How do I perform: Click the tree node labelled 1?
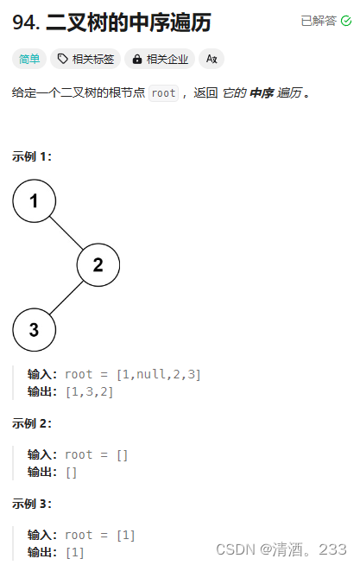tap(35, 201)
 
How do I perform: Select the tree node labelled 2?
tap(98, 265)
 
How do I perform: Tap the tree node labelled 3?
tap(35, 329)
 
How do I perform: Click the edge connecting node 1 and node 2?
tap(66, 233)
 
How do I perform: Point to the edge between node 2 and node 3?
tap(66, 297)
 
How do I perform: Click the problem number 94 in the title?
tap(25, 22)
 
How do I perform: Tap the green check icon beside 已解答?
tap(346, 21)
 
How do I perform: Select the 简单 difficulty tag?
tap(29, 59)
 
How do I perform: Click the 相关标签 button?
tap(85, 59)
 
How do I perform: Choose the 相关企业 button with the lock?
tap(161, 59)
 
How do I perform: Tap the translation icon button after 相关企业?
tap(212, 59)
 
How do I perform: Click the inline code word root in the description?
tap(163, 92)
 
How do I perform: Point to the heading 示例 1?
tap(32, 156)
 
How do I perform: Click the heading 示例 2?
tap(32, 423)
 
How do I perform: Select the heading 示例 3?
tap(32, 504)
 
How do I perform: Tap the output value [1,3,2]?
tap(89, 391)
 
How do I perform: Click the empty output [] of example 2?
tap(71, 472)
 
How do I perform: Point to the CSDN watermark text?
tap(281, 549)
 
